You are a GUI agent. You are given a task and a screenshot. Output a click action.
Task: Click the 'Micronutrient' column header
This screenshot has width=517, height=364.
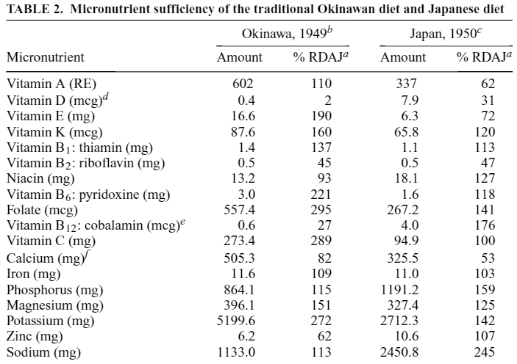45,57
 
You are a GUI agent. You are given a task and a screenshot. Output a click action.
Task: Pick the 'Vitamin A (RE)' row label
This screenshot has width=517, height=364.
44,84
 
